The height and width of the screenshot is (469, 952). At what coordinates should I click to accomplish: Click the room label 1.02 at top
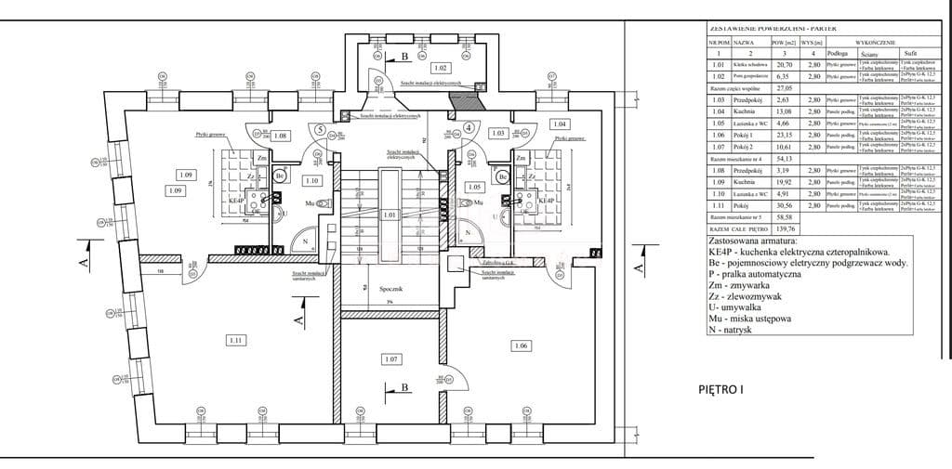[x=441, y=68]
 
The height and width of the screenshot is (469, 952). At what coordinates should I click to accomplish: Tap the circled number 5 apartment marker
[x=321, y=130]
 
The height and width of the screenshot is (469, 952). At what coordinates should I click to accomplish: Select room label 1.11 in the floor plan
[x=234, y=341]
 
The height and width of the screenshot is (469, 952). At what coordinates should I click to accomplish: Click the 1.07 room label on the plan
[x=390, y=358]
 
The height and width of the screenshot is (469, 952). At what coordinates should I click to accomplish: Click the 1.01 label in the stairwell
[x=390, y=215]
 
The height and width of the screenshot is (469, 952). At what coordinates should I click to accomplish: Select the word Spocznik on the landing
[x=390, y=290]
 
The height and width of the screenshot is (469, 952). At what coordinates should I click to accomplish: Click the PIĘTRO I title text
[x=721, y=389]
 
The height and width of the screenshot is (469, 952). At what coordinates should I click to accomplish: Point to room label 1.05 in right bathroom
[x=474, y=187]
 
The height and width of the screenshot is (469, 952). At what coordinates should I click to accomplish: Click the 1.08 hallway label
[x=282, y=136]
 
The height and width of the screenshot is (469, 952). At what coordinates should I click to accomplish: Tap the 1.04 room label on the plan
[x=559, y=124]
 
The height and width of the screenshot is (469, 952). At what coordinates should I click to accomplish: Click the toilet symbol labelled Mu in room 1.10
[x=324, y=202]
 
